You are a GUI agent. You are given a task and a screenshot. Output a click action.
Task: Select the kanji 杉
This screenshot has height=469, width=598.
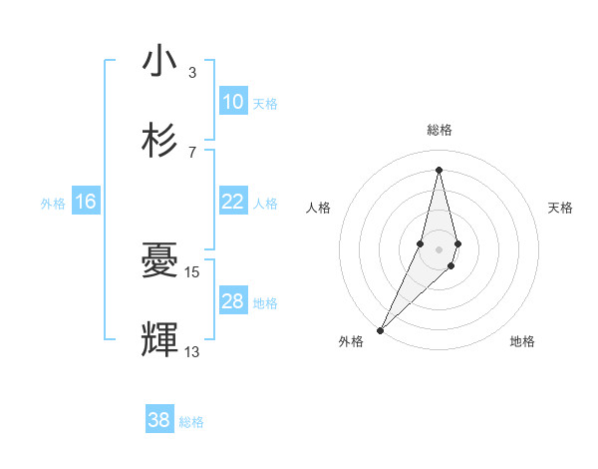pos(159,141)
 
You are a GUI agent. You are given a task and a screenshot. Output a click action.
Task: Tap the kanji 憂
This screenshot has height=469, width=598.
pos(159,261)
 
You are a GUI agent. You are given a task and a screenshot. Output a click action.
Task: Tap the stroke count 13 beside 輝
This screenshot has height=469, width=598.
pos(192,351)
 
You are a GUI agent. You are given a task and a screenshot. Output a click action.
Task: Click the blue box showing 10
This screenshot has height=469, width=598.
pos(232,102)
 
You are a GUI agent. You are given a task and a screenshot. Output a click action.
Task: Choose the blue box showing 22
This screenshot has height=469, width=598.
pos(232,202)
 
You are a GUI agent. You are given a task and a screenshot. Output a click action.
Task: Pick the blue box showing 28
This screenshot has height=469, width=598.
pos(232,301)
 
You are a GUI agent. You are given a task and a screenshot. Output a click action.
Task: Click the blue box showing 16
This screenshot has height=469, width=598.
pos(86,202)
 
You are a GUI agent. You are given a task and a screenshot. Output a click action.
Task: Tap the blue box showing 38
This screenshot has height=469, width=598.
pos(159,421)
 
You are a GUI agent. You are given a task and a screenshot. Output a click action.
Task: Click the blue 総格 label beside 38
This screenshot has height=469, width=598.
pos(191,422)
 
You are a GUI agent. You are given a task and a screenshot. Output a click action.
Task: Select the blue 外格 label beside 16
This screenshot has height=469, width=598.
pos(53,203)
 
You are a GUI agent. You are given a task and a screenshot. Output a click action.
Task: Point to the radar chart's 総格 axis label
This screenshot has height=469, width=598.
pos(439,130)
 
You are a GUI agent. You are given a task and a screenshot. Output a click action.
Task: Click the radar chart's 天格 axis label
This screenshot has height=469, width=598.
pos(561,208)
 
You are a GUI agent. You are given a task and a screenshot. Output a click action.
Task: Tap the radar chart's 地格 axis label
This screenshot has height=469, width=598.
pos(522,341)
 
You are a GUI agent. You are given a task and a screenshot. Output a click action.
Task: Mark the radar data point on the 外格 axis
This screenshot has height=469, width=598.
pos(380,329)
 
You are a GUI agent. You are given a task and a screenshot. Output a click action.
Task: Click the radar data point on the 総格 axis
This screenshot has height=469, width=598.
pos(439,169)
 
